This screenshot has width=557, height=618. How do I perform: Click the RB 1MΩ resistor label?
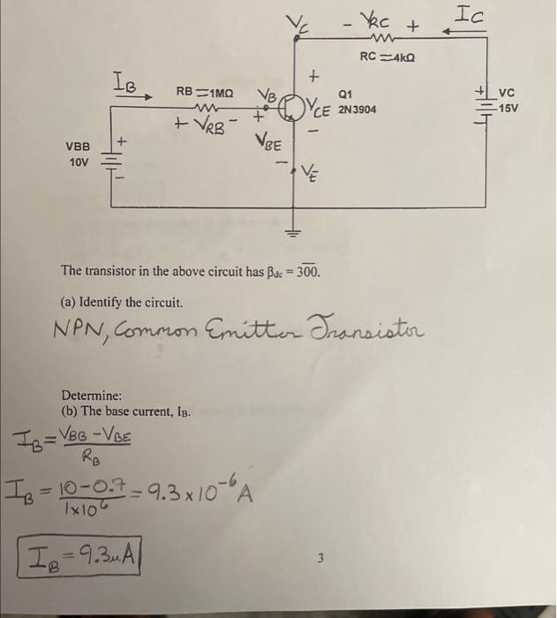click(204, 91)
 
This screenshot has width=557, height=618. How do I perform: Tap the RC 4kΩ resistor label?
click(387, 57)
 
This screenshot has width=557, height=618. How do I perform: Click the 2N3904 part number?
click(356, 110)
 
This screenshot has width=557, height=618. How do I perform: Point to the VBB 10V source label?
click(77, 156)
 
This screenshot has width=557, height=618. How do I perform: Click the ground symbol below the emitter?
click(292, 232)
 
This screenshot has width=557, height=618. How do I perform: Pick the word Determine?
click(91, 395)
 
